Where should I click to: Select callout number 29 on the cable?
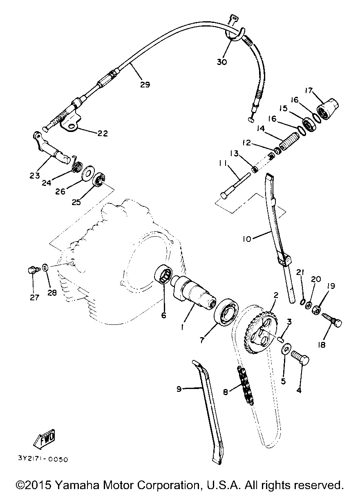(145, 85)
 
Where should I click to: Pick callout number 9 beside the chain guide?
(179, 389)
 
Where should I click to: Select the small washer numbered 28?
(45, 268)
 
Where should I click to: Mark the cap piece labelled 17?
(327, 109)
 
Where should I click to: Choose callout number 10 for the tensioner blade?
(247, 239)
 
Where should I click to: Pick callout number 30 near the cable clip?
(221, 62)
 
